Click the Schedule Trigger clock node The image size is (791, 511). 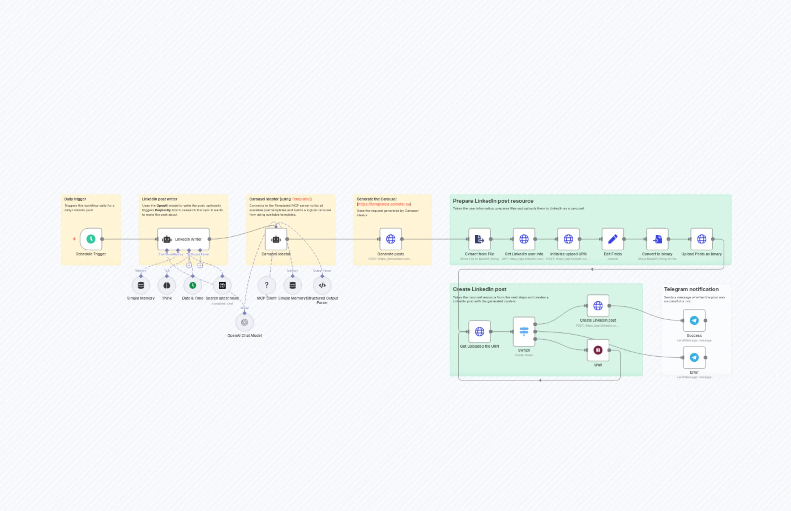pos(91,239)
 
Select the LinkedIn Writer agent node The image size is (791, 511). pos(183,239)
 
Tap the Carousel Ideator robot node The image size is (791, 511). pos(276,239)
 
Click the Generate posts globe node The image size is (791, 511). pos(390,239)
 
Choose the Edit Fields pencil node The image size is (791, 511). pos(612,239)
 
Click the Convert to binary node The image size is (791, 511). pos(657,239)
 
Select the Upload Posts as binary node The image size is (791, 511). pos(702,239)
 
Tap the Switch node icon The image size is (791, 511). pos(524,332)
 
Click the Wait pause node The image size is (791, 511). pos(598,350)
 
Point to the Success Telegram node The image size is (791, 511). pos(694,320)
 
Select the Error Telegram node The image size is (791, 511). pos(694,357)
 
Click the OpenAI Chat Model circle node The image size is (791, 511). pos(245,322)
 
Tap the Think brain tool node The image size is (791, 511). pos(166,285)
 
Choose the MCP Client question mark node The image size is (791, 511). pos(266,285)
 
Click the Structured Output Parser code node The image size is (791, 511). pos(322,285)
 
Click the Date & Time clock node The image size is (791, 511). pos(193,285)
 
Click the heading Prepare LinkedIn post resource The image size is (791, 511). pos(493,201)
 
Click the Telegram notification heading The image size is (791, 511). pos(691,289)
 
